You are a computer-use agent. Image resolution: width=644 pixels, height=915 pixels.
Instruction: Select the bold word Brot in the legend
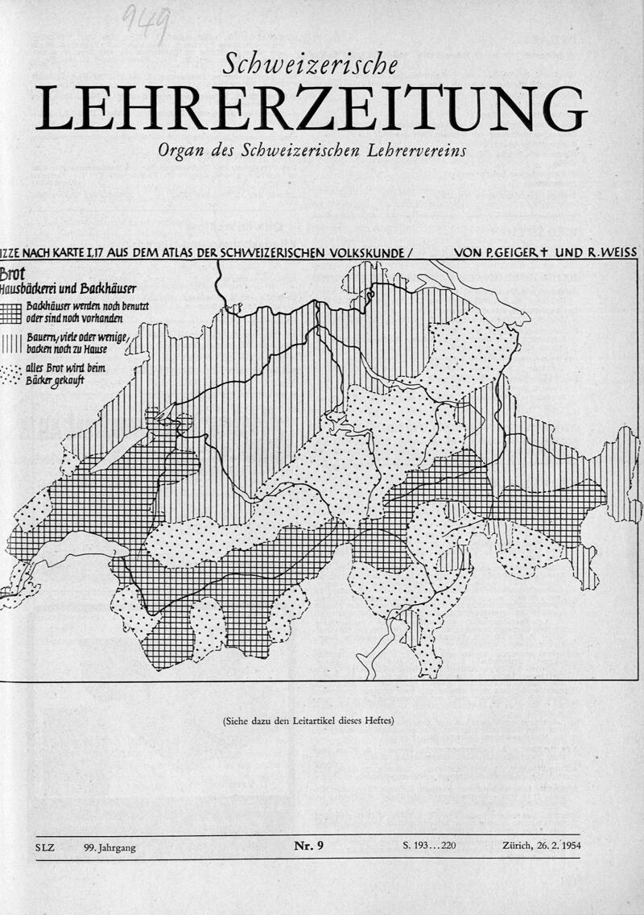(15, 274)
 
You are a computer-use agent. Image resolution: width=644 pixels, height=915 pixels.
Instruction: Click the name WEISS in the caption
(615, 253)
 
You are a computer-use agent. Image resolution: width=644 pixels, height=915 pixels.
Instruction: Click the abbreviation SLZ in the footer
(47, 847)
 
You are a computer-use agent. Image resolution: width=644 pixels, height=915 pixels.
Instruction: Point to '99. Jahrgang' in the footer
(109, 847)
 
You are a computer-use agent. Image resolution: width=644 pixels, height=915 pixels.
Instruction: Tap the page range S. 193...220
(430, 847)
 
